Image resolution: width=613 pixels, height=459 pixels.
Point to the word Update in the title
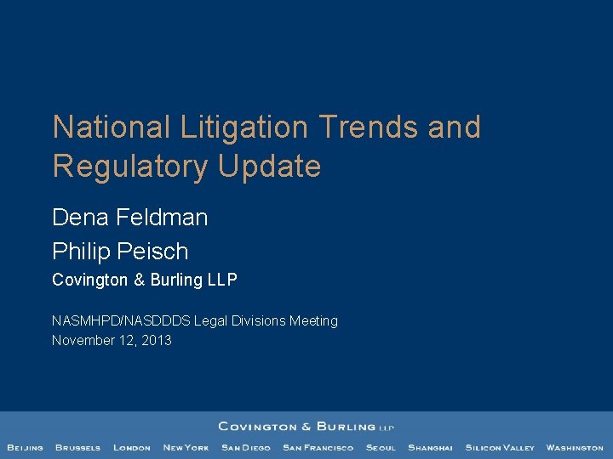coord(270,167)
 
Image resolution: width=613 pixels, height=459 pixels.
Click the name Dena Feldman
coord(129,218)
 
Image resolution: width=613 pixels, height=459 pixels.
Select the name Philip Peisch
coord(120,252)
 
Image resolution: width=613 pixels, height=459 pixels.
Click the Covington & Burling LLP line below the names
coord(144,280)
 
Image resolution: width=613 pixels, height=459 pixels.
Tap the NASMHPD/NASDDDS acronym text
coord(121,320)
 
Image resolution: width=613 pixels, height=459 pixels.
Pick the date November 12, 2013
coord(112,340)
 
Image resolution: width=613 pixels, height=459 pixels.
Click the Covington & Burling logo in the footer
coord(306,427)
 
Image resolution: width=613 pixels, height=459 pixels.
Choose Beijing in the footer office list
coord(26,448)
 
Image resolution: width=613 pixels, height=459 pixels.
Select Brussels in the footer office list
coord(77,448)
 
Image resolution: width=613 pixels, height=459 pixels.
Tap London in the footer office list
coord(132,448)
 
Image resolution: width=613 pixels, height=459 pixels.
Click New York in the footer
coord(186,448)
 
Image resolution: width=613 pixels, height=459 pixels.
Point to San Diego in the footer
coord(245,448)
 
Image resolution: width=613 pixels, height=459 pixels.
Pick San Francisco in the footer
coord(318,448)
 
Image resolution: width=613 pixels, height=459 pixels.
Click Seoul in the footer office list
coord(381,448)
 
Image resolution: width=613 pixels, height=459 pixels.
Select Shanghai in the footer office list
coord(430,448)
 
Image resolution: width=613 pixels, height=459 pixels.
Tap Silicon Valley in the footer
coord(500,448)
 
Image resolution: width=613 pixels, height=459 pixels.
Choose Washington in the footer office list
coord(575,448)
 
